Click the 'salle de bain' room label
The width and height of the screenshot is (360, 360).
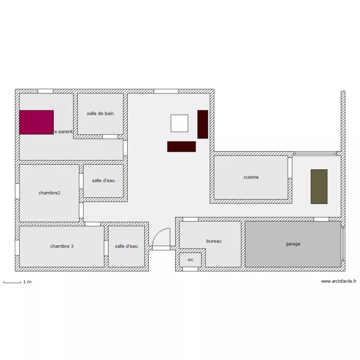click(x=100, y=114)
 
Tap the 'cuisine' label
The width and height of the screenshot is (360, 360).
click(x=251, y=177)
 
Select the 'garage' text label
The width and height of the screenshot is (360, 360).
click(x=293, y=244)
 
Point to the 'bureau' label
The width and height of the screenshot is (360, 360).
click(x=214, y=241)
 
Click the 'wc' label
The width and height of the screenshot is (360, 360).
click(x=191, y=260)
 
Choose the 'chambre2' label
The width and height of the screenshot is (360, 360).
click(x=49, y=193)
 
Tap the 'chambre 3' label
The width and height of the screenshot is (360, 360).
click(x=62, y=246)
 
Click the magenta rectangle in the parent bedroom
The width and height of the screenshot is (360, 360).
click(x=36, y=122)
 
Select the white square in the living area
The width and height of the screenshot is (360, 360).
click(x=180, y=123)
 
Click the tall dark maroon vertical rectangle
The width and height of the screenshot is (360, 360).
click(x=203, y=124)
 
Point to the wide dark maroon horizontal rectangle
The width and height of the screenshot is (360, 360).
click(x=181, y=146)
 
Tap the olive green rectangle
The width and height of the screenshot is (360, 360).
click(x=319, y=186)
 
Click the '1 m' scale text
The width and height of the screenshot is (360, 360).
click(x=27, y=282)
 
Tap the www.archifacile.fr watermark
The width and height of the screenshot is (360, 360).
click(x=338, y=282)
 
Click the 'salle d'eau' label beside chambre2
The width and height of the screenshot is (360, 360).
click(x=103, y=180)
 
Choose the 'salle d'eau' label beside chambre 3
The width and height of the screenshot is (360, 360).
click(x=126, y=246)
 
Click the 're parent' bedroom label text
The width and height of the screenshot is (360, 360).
click(x=63, y=132)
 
